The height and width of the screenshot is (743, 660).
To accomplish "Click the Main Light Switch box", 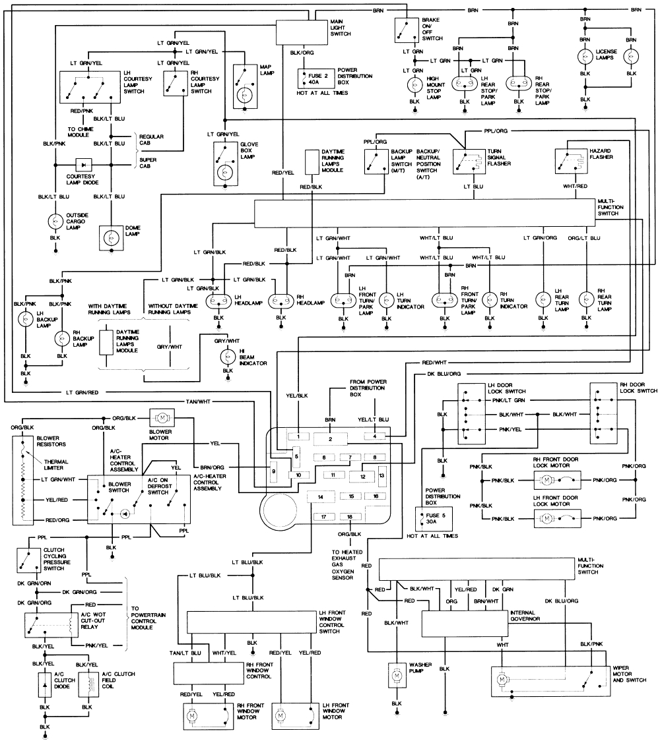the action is pos(302,33).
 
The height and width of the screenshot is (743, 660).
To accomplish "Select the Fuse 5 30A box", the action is pos(434,519).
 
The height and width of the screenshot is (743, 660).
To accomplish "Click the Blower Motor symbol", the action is pos(162,418).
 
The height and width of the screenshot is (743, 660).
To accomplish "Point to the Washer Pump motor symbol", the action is pos(397,675).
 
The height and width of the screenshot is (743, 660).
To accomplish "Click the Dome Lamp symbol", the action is pos(111,238).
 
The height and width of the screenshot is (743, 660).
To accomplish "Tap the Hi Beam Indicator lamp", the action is pos(228,356).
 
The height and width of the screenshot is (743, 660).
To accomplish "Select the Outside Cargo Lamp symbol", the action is pos(55,222).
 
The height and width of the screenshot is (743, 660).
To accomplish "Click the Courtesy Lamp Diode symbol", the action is pos(84,165).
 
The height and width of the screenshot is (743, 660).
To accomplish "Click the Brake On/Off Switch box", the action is pos(407,30).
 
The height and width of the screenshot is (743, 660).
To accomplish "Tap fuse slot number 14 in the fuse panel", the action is pos(320,496).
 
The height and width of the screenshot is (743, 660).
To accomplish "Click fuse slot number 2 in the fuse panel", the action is pos(330,439).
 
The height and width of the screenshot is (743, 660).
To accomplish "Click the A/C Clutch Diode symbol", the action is pos(45,685).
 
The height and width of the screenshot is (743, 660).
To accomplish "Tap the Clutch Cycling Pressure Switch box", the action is pos(29,560).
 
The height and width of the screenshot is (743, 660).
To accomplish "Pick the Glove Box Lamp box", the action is pos(226,164).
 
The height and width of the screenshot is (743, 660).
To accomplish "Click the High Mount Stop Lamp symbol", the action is pos(414,85).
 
